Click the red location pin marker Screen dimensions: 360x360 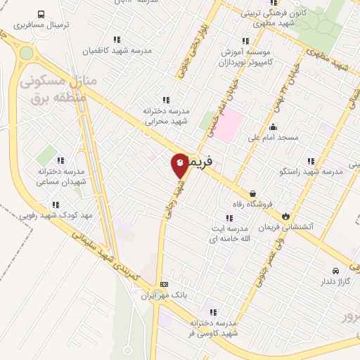pos(180,165)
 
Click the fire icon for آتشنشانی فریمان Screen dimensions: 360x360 pos(286,216)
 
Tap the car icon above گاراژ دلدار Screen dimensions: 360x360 pos(335,271)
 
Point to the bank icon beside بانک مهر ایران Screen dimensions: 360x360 pos(165,284)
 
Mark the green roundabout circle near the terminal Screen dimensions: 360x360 pos(26,53)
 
